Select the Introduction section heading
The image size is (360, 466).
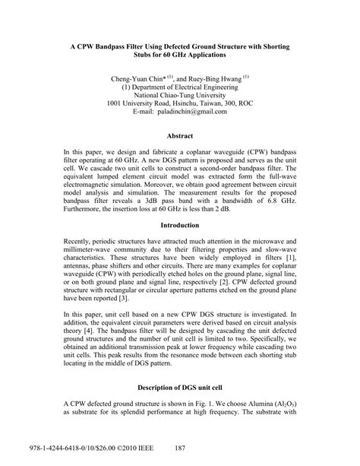pyautogui.click(x=180, y=204)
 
